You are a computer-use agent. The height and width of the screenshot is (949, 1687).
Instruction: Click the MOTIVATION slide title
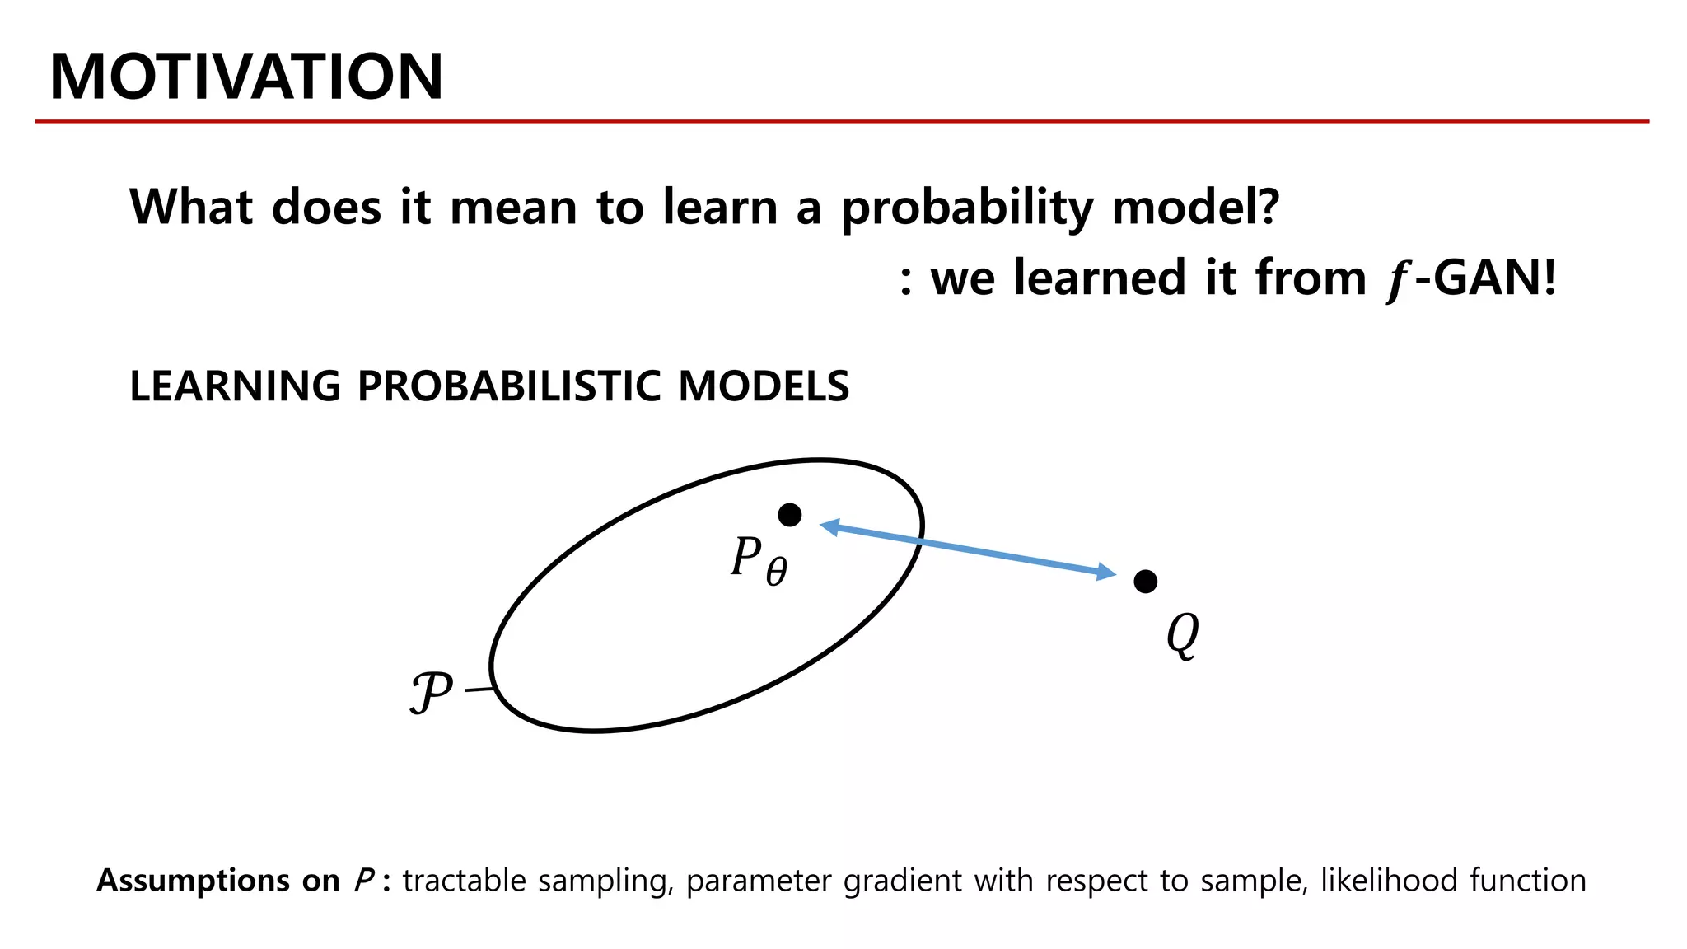(x=246, y=77)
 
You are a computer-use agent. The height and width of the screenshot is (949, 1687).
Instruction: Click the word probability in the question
(x=968, y=208)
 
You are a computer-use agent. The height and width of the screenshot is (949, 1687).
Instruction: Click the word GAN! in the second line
(x=1495, y=278)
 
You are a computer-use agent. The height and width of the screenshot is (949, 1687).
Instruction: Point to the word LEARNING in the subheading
(x=235, y=386)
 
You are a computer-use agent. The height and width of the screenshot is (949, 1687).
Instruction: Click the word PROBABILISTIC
(x=508, y=386)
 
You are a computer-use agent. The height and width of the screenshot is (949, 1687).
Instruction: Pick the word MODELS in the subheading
(x=763, y=386)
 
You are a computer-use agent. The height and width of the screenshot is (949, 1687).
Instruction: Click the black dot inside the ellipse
(x=789, y=515)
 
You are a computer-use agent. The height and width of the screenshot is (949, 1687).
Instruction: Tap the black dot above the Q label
(x=1145, y=582)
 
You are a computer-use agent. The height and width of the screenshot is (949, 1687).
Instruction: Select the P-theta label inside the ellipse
(x=759, y=560)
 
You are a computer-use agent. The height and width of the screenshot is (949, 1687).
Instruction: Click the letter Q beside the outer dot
(x=1183, y=635)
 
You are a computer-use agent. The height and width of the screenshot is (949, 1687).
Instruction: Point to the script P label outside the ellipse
(x=431, y=692)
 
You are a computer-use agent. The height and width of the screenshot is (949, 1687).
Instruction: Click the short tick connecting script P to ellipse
(x=479, y=689)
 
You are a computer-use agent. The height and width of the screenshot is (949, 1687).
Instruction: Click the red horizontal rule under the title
(x=842, y=121)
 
